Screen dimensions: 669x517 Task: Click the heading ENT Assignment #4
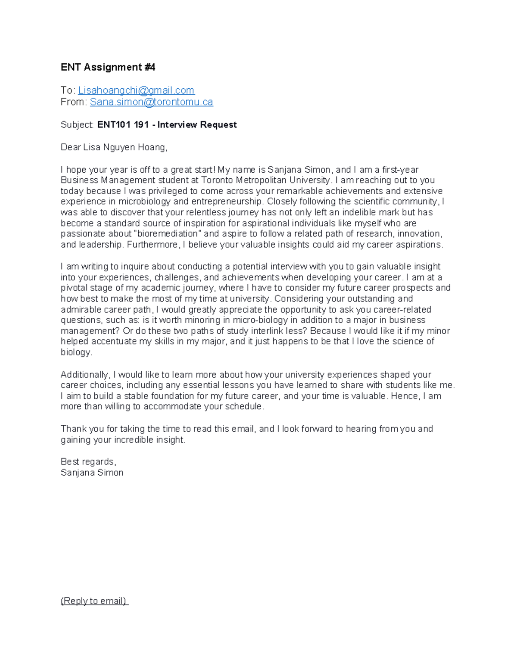tap(108, 67)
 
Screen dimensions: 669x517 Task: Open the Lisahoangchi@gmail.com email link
tap(136, 90)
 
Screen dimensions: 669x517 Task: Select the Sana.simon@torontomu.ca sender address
tap(151, 102)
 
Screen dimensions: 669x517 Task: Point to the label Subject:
tap(77, 125)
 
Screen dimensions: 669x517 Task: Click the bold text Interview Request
tap(197, 125)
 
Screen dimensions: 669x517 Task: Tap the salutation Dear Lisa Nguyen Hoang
tap(113, 147)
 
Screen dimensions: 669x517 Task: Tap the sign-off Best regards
tap(88, 462)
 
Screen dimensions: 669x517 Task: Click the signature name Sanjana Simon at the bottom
tap(92, 473)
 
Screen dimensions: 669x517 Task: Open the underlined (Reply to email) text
tap(94, 601)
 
